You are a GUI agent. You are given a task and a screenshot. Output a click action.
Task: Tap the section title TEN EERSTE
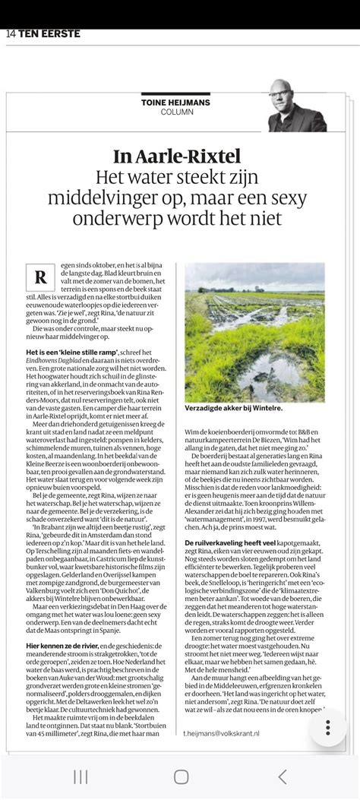click(49, 33)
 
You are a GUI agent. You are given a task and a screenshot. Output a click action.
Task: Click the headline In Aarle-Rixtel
click(177, 157)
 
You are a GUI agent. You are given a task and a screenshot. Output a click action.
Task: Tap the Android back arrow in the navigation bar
click(283, 776)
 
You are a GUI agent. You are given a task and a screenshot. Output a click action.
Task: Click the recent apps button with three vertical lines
click(80, 776)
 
